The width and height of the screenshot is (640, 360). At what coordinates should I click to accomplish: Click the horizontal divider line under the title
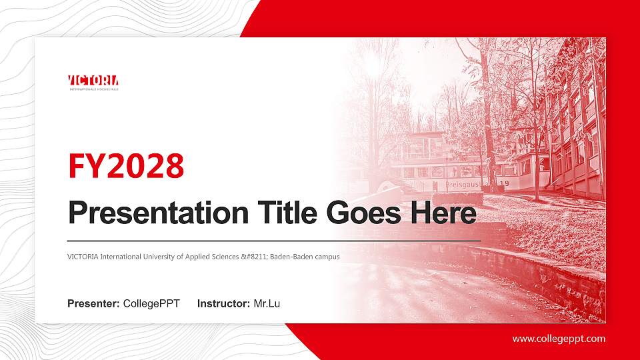pos(273,239)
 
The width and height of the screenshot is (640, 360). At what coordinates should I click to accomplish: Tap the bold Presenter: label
pos(93,304)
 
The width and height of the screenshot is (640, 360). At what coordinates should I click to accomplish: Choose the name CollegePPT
pos(151,304)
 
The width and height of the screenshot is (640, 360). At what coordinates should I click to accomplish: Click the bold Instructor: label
pos(224,304)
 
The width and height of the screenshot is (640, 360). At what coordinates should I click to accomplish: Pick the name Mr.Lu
pos(267,304)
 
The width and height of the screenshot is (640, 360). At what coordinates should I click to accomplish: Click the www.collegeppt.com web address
pos(559,339)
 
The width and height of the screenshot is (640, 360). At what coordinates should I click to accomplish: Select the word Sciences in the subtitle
pos(227,257)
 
